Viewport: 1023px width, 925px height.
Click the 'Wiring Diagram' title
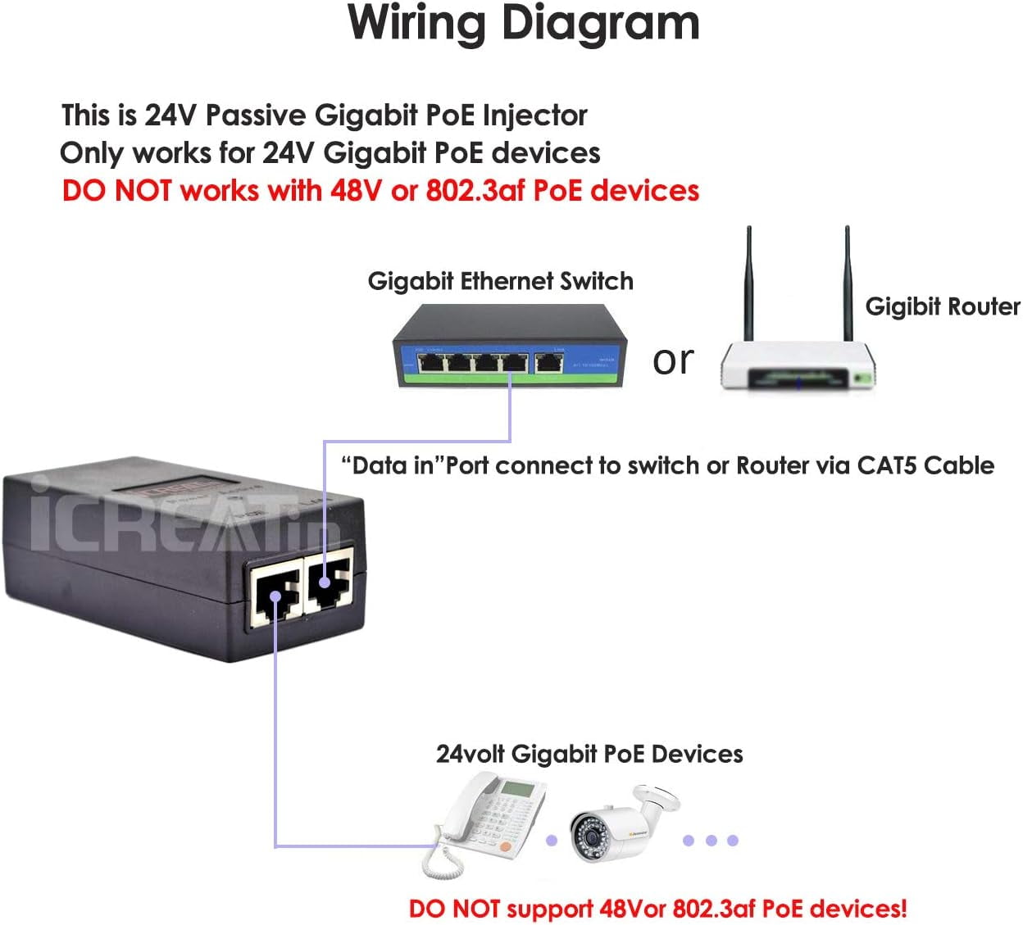(524, 23)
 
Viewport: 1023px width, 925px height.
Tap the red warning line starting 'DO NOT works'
(380, 191)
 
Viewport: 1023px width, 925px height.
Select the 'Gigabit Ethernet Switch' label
(500, 281)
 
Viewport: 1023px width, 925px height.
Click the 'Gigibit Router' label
(942, 306)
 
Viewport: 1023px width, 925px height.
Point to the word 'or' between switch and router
(673, 360)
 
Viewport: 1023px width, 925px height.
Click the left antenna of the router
(748, 283)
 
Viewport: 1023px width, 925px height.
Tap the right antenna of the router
(848, 283)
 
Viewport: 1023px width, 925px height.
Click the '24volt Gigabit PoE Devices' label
(589, 754)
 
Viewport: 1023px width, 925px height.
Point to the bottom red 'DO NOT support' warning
(657, 909)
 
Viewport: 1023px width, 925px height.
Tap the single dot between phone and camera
(552, 841)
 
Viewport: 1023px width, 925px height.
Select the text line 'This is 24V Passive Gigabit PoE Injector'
(325, 116)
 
